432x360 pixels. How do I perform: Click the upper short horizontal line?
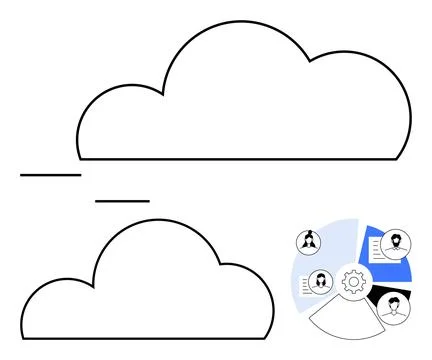pos(50,175)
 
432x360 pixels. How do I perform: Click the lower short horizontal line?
pos(122,201)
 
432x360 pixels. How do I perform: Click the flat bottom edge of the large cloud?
pos(240,159)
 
